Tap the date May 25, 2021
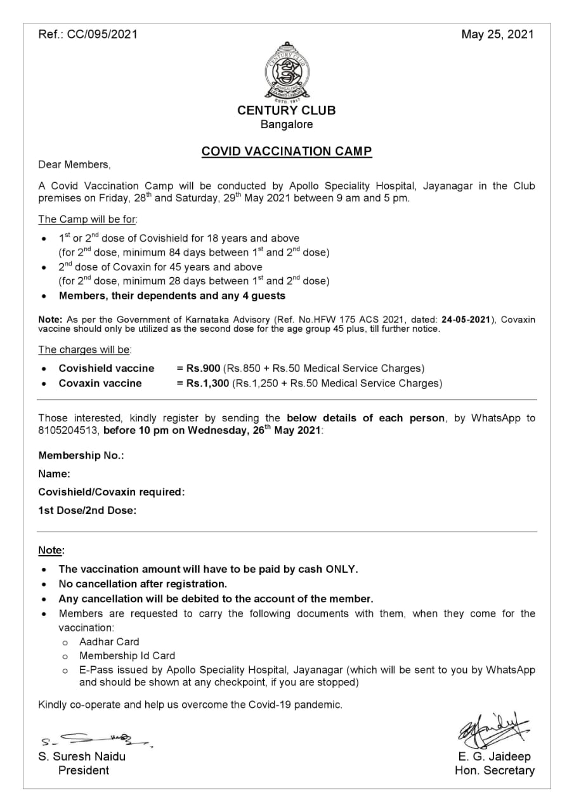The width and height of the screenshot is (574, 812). click(497, 34)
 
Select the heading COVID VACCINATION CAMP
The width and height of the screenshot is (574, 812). click(287, 152)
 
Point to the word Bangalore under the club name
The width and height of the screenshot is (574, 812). click(287, 124)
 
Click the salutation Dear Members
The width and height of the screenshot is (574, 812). click(74, 165)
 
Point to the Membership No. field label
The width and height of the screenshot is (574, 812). click(81, 455)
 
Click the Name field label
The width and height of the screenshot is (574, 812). click(54, 474)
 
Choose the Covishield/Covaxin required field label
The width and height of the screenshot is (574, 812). click(112, 492)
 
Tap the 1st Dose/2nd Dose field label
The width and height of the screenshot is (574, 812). click(88, 510)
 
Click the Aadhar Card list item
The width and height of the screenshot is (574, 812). click(109, 642)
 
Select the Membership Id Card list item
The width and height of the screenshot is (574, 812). click(127, 656)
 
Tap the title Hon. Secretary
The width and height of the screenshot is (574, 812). click(495, 771)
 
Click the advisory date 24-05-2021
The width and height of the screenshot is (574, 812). click(466, 320)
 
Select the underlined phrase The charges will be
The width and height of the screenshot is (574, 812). click(85, 350)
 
